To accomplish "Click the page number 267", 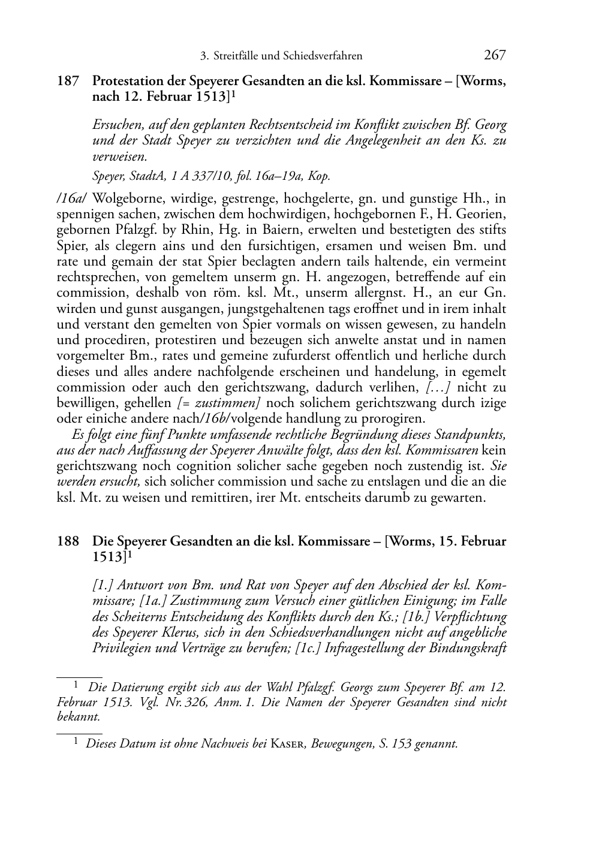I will (x=495, y=55).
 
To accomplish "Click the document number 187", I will (x=68, y=81).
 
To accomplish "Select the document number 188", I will (x=68, y=541).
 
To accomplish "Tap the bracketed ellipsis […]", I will (x=441, y=387).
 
